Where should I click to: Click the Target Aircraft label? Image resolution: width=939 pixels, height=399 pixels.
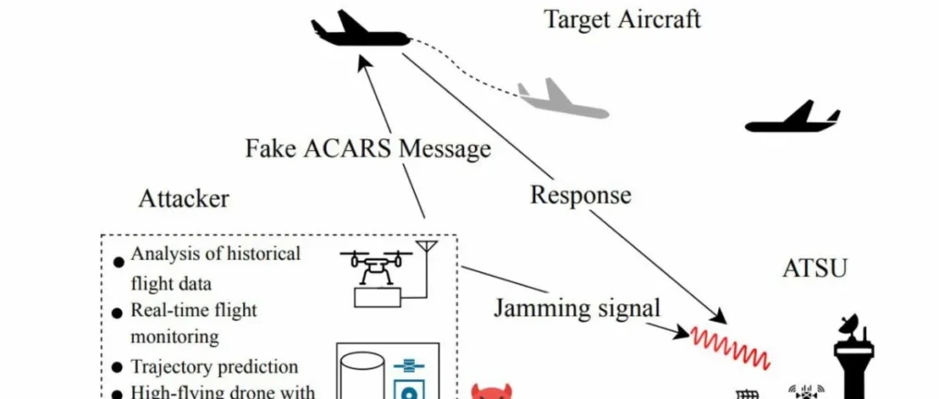pos(623,19)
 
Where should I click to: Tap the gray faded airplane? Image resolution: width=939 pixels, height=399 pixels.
pos(561,100)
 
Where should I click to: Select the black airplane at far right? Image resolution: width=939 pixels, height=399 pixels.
pos(792,118)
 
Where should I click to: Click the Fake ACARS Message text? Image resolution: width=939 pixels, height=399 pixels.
pos(368,148)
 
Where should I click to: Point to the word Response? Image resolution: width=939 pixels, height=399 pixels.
pos(581,194)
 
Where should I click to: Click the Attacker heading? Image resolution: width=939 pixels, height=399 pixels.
pos(183,199)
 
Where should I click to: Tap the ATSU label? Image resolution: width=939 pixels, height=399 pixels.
pos(815,268)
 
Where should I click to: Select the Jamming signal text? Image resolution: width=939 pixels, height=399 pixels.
pos(577,308)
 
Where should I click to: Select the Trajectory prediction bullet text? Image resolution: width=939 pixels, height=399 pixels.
pos(214,367)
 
